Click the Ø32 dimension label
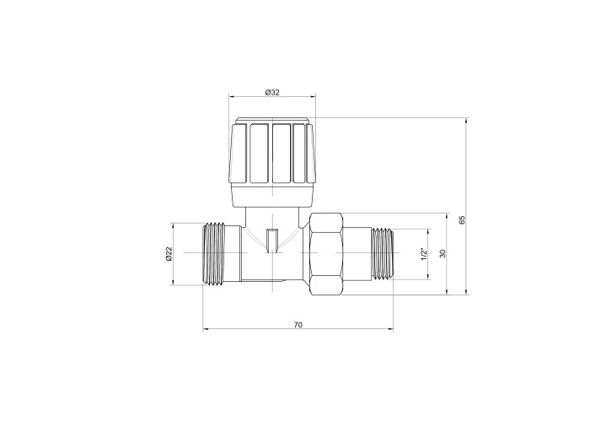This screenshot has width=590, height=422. [x=272, y=92]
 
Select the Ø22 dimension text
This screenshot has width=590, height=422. [x=169, y=254]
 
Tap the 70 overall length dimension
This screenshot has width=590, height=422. [x=298, y=325]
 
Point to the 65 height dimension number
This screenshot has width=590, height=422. [x=463, y=220]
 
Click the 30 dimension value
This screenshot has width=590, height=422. [x=442, y=253]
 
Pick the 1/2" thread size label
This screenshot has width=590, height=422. [x=424, y=254]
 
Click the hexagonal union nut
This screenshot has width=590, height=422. [x=326, y=253]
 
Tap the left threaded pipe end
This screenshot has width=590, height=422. [x=217, y=253]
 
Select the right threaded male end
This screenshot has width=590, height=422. [x=383, y=254]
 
